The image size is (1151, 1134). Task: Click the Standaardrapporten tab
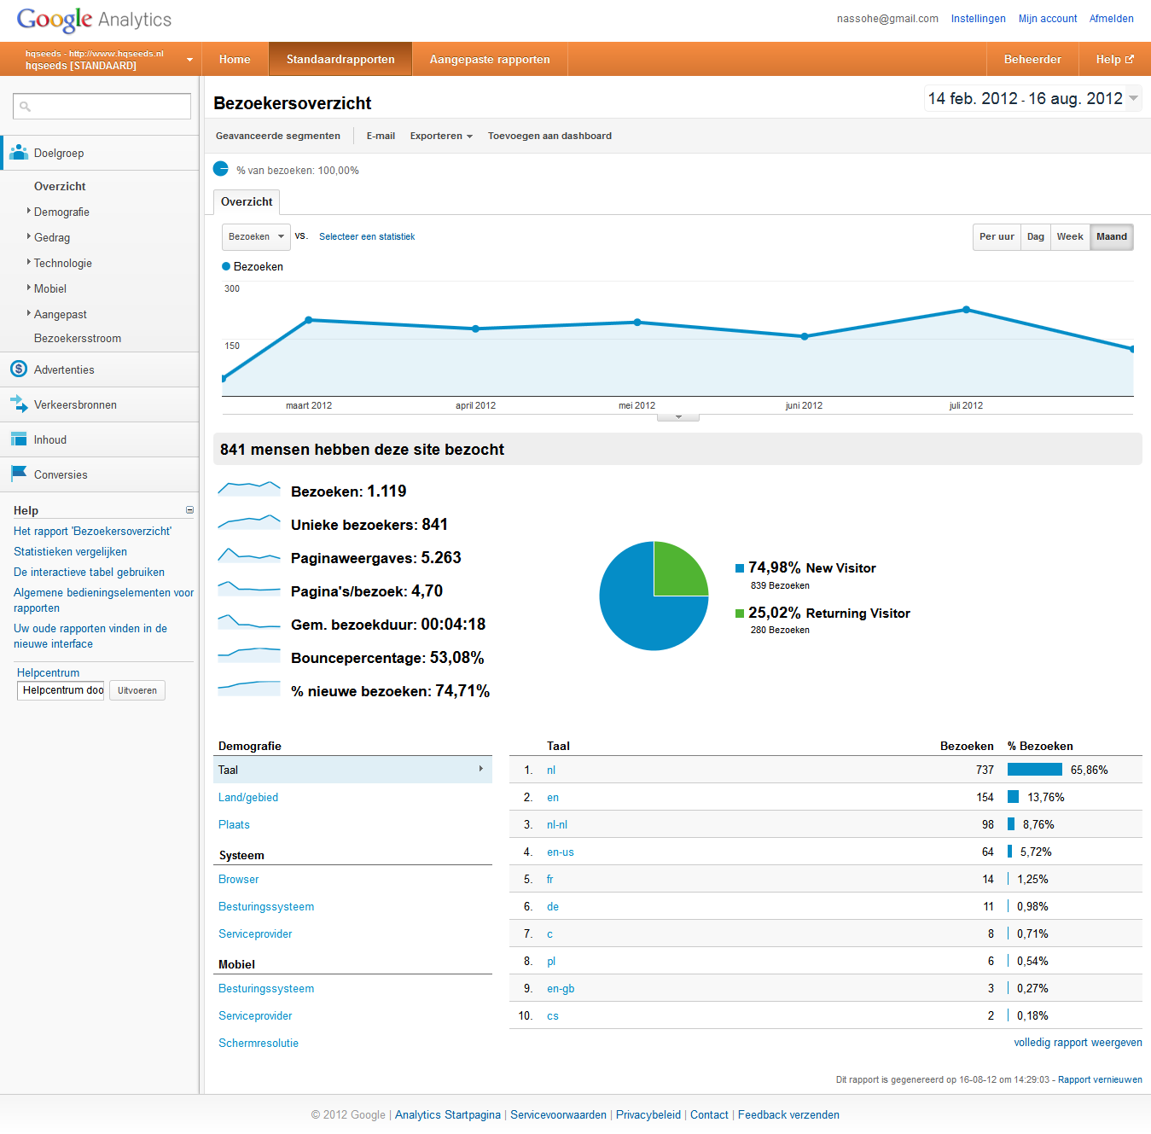[340, 60]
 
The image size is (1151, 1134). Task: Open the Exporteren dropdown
[440, 136]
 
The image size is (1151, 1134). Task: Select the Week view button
[1070, 237]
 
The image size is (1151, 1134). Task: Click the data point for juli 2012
[966, 310]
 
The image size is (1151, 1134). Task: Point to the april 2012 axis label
[475, 406]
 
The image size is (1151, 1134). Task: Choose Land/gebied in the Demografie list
[248, 798]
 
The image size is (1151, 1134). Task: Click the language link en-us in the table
[561, 852]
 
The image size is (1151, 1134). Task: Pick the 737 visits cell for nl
[985, 771]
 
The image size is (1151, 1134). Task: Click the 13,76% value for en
[1045, 798]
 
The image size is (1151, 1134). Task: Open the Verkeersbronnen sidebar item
[75, 405]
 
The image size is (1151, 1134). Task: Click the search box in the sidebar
[102, 107]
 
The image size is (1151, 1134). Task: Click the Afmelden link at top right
[1111, 19]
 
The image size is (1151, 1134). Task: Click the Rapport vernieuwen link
[1100, 1080]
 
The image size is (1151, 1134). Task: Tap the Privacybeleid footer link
[648, 1115]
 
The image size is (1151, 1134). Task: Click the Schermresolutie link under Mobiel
[259, 1044]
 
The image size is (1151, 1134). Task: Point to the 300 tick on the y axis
[232, 289]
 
